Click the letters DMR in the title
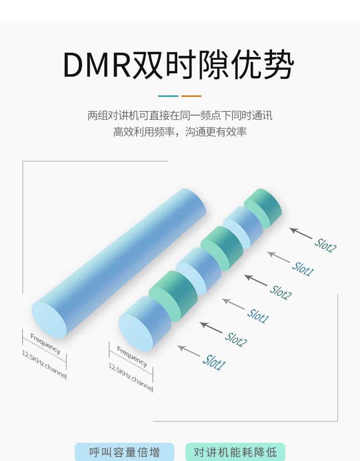coord(97,66)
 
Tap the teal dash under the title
coord(168,96)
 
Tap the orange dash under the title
coord(191,96)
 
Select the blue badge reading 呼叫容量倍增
coord(124,452)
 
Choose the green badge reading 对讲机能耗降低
coord(235,452)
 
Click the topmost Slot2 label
coord(325,245)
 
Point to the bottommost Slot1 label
coord(214,362)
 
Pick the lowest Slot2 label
coord(236,339)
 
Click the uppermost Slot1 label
coord(303,268)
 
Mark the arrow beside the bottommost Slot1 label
coord(188,351)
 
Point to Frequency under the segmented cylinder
coord(132,356)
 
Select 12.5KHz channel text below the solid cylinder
coord(44,365)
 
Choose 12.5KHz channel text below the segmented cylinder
coord(130,377)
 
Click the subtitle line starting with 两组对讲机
coord(180,116)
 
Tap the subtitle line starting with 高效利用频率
coord(180,132)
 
